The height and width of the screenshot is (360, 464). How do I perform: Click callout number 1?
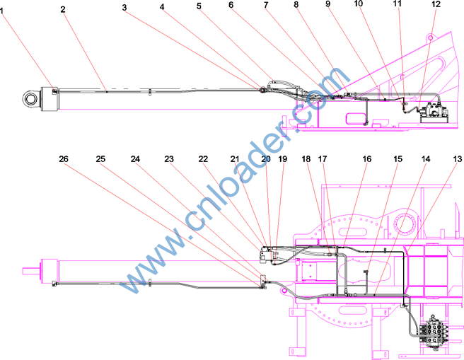2,11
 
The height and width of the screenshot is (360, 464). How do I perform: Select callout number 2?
63,9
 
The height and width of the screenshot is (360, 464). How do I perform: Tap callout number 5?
199,6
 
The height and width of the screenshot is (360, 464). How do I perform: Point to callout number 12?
436,4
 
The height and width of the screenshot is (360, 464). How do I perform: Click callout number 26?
64,159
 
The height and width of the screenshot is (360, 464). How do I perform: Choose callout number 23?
169,159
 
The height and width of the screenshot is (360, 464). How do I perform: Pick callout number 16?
366,159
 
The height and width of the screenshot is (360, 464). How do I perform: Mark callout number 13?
458,159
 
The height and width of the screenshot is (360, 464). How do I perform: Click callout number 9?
327,4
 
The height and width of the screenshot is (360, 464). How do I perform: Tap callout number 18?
306,159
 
